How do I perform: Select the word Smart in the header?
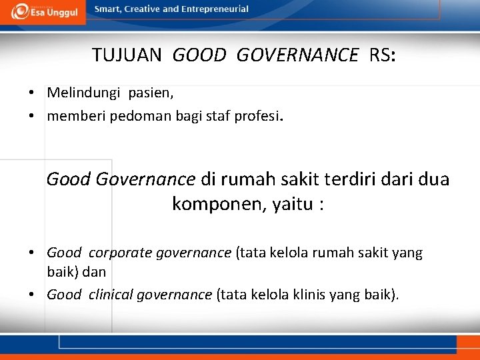click(x=109, y=9)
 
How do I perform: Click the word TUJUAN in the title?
click(x=127, y=55)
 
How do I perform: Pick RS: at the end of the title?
click(x=382, y=55)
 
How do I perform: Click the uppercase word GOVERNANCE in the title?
click(x=297, y=55)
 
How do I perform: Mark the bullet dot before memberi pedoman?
click(x=32, y=117)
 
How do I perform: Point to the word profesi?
click(x=259, y=117)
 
